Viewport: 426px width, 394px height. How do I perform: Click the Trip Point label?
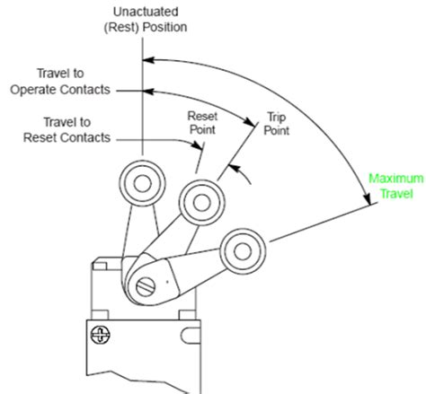(274, 122)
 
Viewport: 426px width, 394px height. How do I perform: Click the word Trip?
(274, 116)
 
